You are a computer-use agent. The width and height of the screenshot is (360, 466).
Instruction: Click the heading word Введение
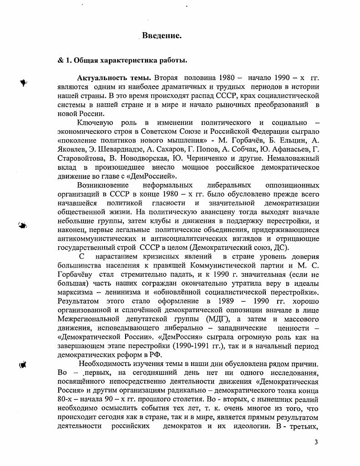point(162,35)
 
